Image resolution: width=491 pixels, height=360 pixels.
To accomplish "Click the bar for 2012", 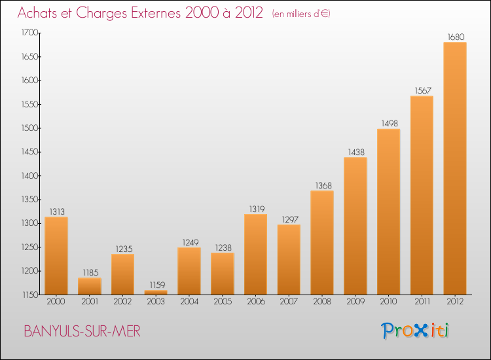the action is point(455,168).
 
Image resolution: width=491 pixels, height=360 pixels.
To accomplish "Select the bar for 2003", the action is point(156,293).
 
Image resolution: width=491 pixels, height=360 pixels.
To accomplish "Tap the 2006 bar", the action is point(255,254).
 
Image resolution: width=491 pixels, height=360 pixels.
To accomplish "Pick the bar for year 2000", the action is point(56,256).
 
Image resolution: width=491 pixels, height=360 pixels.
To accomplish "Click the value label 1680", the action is point(456,37).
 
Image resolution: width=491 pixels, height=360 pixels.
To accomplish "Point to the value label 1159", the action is point(157,285).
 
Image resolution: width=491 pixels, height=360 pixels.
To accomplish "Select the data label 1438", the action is point(356,152).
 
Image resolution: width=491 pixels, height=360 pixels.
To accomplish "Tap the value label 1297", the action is point(290,219).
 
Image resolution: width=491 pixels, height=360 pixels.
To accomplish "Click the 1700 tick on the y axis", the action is point(29,33).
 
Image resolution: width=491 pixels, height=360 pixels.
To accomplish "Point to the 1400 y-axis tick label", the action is point(29,175).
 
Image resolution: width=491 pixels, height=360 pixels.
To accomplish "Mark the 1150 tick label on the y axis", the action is point(30,295).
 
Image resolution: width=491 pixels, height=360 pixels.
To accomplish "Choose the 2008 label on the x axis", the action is point(322,301).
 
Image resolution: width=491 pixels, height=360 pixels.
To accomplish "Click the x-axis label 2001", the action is point(90,301).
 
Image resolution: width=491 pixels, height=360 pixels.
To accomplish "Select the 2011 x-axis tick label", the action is point(422,301).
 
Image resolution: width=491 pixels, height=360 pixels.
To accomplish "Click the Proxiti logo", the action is point(415,331).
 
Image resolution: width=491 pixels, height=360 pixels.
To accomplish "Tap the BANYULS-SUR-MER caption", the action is point(82,331).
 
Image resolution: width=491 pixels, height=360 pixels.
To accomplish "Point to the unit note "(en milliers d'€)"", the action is point(301,14).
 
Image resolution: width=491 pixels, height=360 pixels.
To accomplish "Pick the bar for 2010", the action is point(389,212).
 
